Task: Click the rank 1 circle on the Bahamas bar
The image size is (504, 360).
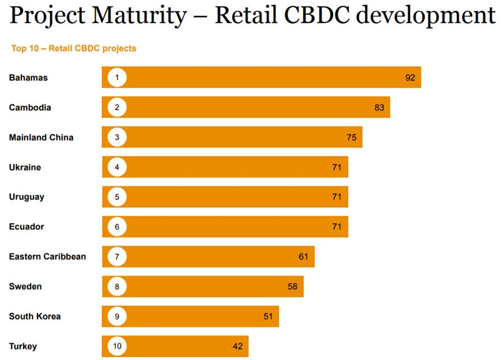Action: (x=117, y=77)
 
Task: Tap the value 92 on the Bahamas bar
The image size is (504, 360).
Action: (x=410, y=77)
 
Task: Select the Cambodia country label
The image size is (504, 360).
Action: (x=30, y=107)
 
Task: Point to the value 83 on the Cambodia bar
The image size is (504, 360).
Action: (x=380, y=107)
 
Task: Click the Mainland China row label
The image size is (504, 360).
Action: (x=41, y=137)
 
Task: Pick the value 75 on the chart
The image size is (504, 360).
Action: (x=352, y=137)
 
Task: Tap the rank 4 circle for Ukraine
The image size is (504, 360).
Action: (x=117, y=167)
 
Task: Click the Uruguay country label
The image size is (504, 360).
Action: (x=26, y=197)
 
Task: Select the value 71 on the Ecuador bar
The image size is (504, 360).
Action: (x=337, y=227)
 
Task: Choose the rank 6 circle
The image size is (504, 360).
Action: (x=117, y=227)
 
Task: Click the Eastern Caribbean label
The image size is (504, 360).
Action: (x=48, y=256)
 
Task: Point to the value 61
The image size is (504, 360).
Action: (x=304, y=256)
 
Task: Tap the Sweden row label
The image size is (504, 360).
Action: (x=25, y=287)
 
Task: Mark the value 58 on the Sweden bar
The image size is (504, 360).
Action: (x=292, y=287)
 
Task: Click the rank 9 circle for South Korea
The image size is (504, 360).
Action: (x=117, y=316)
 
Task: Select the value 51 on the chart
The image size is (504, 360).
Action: (x=268, y=316)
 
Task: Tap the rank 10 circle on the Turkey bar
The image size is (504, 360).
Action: (x=117, y=346)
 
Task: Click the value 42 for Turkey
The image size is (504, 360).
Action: (x=238, y=346)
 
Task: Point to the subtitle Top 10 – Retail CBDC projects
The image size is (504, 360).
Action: (x=74, y=48)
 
